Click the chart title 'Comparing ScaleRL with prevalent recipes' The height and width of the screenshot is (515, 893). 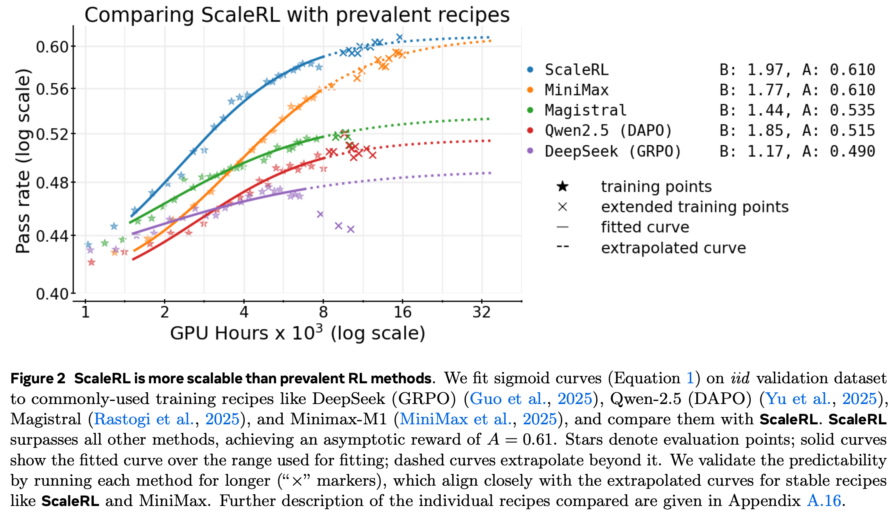coord(297,15)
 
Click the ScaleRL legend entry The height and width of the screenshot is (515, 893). coord(576,70)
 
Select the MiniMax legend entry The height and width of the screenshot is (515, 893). coord(576,90)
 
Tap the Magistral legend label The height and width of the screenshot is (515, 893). coord(585,110)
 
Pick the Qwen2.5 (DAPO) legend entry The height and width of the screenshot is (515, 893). coord(608,131)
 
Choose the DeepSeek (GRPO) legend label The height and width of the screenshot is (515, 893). coord(613,151)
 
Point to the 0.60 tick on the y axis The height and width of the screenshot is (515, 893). coord(52,47)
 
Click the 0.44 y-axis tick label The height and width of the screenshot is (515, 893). coord(52,236)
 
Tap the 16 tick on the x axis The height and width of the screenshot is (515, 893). coord(402,312)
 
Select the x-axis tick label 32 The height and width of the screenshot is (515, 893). coord(481,312)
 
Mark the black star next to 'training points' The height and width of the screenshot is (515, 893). coord(562,187)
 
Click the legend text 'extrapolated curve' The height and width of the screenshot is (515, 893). coord(673,248)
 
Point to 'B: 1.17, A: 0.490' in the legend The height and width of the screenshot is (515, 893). coord(796,151)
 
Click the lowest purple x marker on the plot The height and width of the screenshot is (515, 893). coord(351,229)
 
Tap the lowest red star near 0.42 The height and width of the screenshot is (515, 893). coord(91,262)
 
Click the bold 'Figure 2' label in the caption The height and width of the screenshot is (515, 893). coord(38,378)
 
